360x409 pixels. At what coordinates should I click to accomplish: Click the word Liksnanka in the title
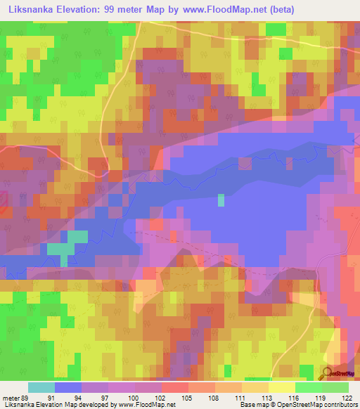(34, 10)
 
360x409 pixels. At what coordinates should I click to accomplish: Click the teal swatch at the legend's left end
(41, 387)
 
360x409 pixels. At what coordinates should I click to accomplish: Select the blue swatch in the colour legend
(67, 387)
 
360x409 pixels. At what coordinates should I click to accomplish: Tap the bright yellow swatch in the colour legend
(281, 387)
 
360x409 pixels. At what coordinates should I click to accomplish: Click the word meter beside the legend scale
(10, 398)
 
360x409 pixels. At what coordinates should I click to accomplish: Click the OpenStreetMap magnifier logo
(328, 373)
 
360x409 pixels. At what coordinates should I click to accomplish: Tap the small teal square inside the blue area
(221, 200)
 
